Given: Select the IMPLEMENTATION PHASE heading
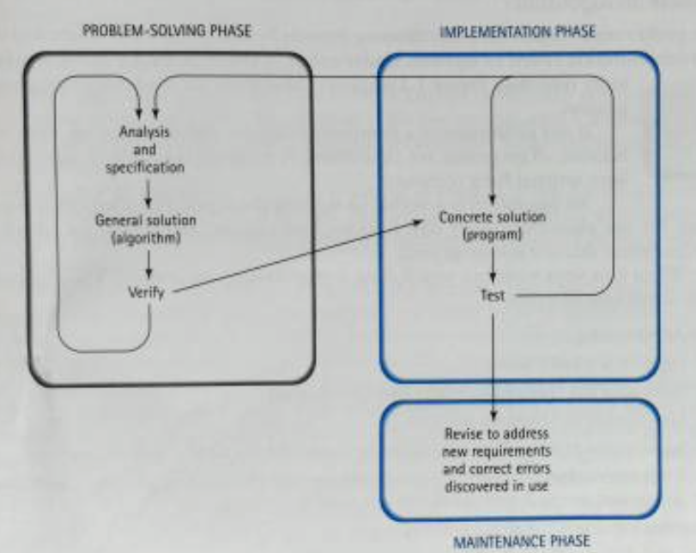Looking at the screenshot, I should coord(517,32).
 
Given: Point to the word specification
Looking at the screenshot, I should coord(145,168).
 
